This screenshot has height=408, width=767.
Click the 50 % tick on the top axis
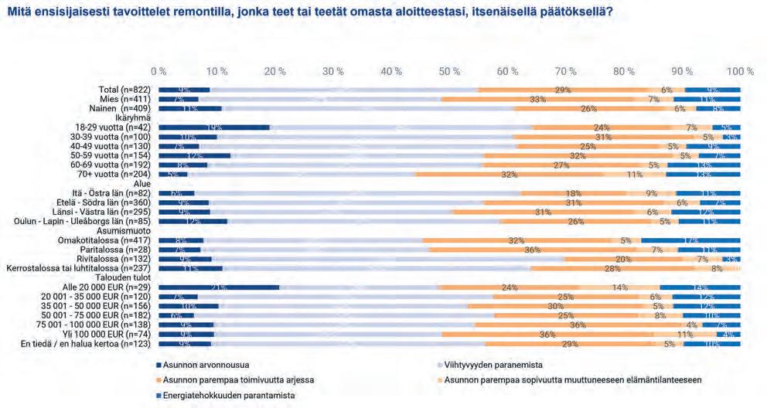(x=450, y=71)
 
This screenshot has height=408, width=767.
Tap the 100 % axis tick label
(x=740, y=71)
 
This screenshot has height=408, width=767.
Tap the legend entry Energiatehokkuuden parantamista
(x=230, y=396)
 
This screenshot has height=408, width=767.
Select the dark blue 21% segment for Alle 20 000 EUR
(x=220, y=287)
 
